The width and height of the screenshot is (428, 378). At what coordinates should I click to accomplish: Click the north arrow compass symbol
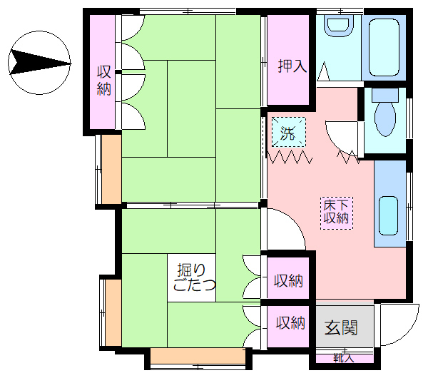[39, 63]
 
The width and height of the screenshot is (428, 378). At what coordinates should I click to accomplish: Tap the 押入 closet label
[292, 66]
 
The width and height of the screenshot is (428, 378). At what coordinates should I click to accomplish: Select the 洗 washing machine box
[288, 132]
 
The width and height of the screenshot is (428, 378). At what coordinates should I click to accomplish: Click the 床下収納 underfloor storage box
[337, 213]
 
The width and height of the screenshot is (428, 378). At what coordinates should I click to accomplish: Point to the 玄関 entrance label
[341, 327]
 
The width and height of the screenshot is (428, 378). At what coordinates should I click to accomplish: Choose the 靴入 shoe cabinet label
[344, 358]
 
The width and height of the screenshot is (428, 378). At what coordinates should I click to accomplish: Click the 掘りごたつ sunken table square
[192, 277]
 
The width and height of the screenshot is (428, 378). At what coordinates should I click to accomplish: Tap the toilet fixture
[385, 113]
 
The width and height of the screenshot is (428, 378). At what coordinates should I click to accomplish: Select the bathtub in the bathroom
[384, 47]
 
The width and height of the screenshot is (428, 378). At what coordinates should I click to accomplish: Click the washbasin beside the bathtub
[338, 26]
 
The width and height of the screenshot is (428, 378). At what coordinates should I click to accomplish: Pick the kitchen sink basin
[388, 215]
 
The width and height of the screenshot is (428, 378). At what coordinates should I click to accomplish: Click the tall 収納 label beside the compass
[104, 81]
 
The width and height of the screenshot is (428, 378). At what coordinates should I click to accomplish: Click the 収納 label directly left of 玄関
[290, 323]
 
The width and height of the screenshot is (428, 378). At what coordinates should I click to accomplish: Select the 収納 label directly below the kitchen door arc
[288, 280]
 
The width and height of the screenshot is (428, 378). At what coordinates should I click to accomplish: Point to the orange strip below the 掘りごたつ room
[198, 356]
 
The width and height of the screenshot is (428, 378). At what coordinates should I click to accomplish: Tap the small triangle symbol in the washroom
[324, 71]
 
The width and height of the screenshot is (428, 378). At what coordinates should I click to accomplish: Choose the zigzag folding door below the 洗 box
[290, 157]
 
